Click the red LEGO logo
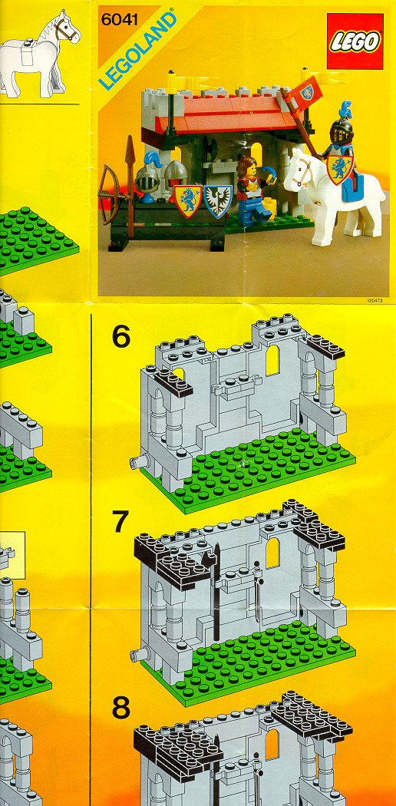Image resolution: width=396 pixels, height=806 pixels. (x=355, y=41)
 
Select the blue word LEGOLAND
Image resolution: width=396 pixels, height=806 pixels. (x=137, y=51)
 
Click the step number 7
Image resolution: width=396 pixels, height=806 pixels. (x=120, y=522)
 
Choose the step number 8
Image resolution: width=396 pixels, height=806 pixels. (x=121, y=707)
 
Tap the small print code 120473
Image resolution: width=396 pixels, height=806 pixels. (x=376, y=300)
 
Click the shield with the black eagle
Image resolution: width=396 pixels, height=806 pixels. (x=218, y=200)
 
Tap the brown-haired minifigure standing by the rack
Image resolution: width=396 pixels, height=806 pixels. (x=251, y=190)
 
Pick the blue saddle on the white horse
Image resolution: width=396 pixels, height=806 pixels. (x=355, y=186)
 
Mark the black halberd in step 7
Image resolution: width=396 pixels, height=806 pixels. (x=216, y=590)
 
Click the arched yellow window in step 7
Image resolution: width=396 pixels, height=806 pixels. (x=272, y=553)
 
